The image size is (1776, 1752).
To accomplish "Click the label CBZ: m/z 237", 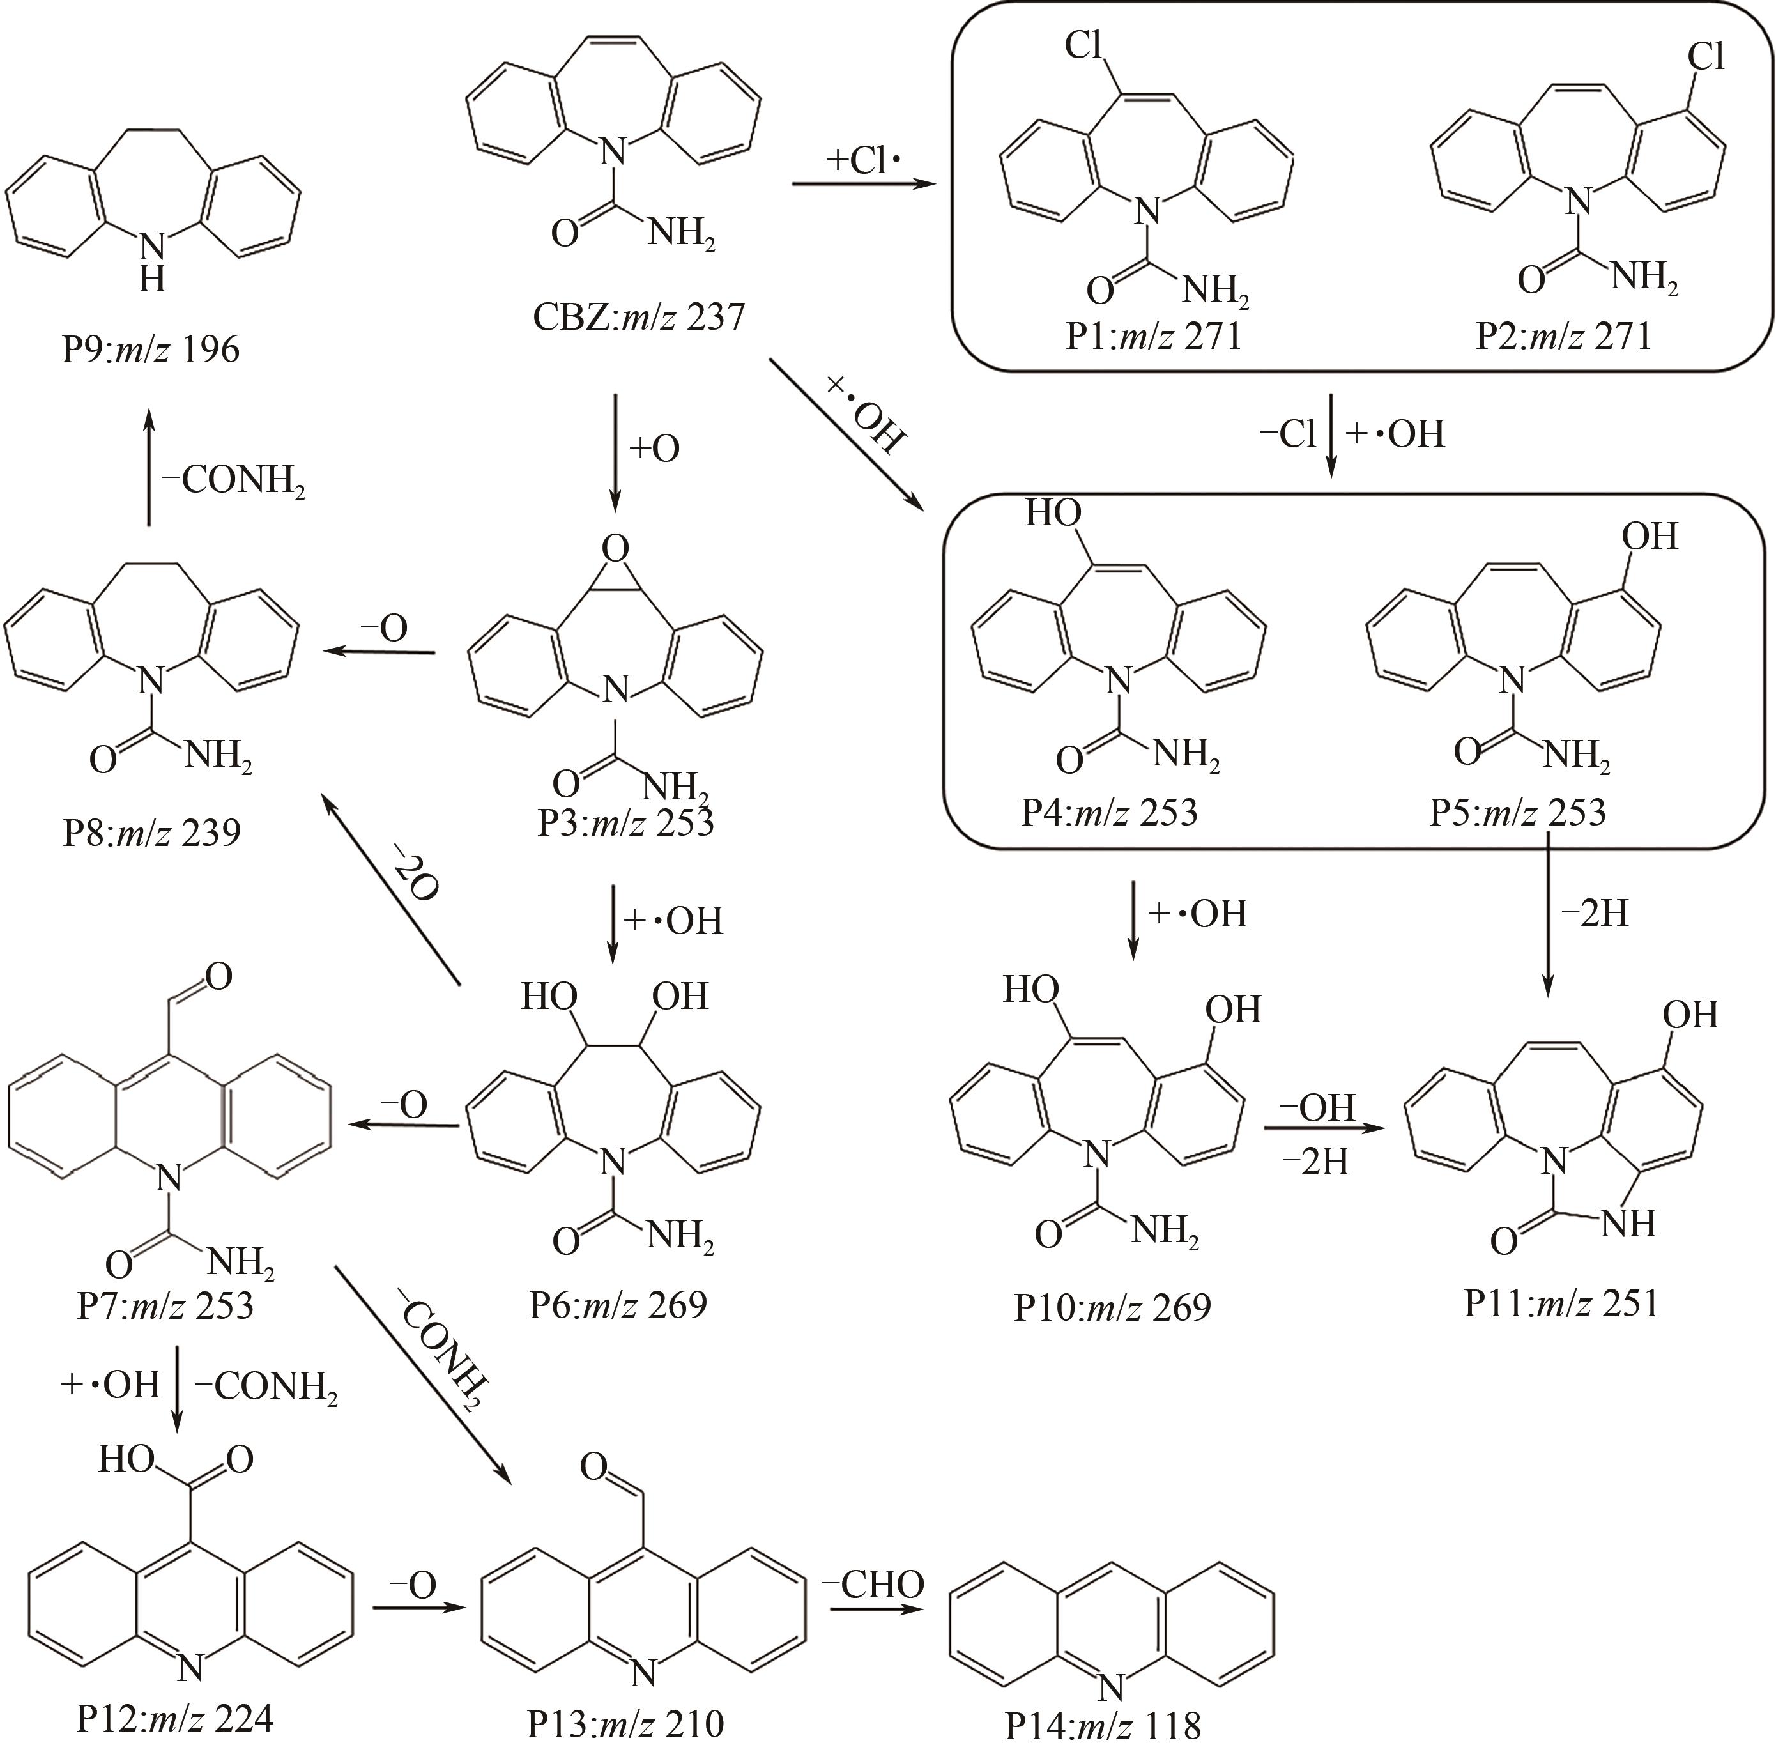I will (638, 317).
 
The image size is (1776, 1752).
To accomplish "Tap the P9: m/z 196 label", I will (151, 350).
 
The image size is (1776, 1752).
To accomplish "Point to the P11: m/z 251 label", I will (1562, 1303).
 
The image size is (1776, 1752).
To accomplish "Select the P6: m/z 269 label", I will (618, 1304).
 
